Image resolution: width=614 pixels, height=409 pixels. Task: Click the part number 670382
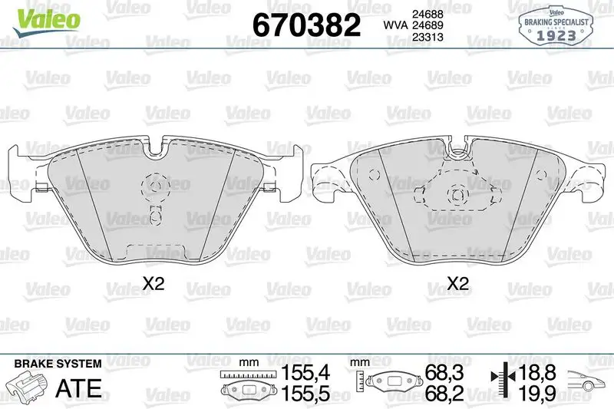(x=306, y=25)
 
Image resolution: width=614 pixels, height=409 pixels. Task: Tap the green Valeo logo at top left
(x=46, y=21)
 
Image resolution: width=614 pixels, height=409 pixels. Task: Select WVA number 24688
(x=427, y=14)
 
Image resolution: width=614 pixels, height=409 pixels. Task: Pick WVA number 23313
(x=427, y=37)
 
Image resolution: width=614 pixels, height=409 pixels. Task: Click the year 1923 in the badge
(x=556, y=35)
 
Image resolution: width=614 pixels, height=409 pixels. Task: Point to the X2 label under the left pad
(x=153, y=283)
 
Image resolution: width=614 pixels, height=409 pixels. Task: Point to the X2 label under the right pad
(x=457, y=283)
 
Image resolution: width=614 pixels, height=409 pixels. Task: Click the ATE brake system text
(x=78, y=388)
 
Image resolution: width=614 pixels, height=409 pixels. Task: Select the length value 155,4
(x=305, y=373)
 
